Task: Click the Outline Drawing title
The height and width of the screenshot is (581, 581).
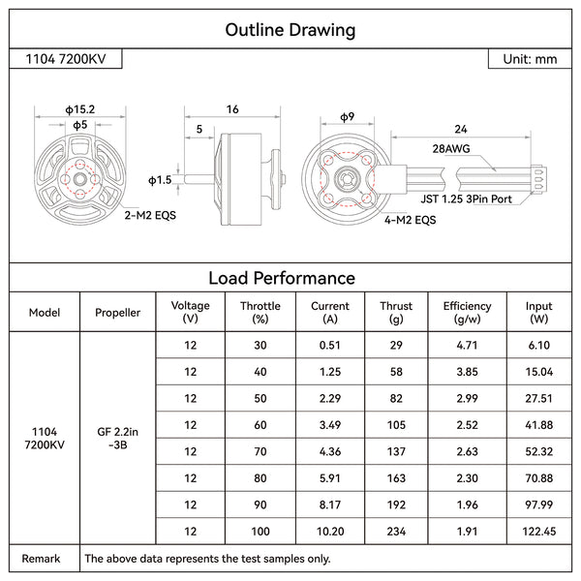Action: tap(290, 30)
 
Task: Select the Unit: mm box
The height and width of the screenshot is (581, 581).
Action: tap(530, 59)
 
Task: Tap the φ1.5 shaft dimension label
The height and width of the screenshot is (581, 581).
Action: tap(160, 180)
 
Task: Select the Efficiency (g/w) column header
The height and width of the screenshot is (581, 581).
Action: tap(467, 312)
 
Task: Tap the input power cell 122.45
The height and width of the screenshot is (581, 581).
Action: tap(538, 531)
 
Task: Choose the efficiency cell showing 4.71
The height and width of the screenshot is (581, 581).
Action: tap(467, 346)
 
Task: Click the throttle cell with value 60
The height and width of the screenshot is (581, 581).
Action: tap(260, 425)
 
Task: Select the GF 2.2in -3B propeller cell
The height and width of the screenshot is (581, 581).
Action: tap(118, 439)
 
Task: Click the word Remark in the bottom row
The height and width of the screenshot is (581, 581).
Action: tap(42, 558)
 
